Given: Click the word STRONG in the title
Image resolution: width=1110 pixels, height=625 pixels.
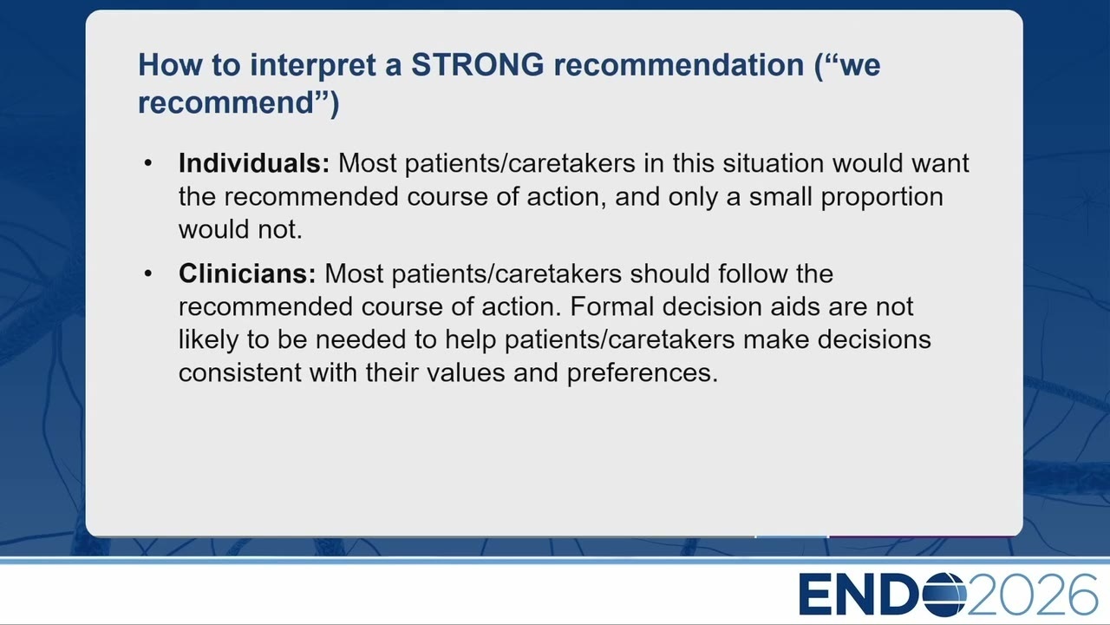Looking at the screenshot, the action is pos(478,64).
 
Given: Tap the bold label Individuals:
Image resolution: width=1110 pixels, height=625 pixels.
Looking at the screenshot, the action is pos(254,162).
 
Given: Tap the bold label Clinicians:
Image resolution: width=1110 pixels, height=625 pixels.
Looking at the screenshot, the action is pos(247,273).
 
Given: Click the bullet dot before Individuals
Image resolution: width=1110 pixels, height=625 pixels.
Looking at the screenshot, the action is pos(147,163).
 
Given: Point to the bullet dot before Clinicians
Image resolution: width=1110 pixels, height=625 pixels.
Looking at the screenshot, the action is pos(147,273).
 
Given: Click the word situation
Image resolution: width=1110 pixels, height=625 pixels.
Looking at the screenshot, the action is pos(773,162).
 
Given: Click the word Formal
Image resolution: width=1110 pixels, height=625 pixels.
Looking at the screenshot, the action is pos(612,306).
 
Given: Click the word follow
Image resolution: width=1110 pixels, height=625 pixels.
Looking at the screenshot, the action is pos(753,273).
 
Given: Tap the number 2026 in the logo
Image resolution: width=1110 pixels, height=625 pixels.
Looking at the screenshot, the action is pos(1032,595).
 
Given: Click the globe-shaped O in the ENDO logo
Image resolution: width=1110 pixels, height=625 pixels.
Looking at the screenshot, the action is pos(945,595).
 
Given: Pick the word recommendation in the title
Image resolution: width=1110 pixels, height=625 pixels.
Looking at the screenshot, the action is pos(679,64).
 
